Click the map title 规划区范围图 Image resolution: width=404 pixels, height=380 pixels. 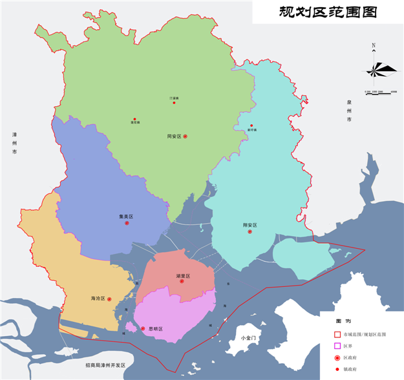(327, 12)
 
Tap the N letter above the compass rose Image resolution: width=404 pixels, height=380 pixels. (374, 46)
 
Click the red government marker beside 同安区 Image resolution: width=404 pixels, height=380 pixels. (186, 136)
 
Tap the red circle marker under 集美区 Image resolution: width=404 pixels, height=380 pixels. (127, 223)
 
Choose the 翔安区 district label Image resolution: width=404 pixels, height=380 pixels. (250, 225)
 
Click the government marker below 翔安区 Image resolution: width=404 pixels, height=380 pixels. (250, 232)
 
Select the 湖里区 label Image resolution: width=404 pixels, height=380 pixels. (182, 275)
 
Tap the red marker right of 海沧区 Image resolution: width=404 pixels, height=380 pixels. (110, 299)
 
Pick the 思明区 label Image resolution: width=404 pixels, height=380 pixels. (156, 329)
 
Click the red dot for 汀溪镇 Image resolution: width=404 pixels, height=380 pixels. (175, 103)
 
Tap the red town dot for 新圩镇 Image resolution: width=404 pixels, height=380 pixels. (251, 125)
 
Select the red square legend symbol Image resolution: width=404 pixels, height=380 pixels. (337, 335)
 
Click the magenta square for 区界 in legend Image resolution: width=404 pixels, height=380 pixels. (337, 346)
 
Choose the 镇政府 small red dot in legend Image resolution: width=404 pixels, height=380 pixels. (337, 369)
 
